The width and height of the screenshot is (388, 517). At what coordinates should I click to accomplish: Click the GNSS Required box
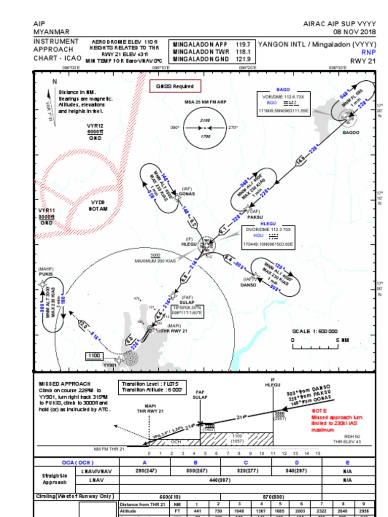175,86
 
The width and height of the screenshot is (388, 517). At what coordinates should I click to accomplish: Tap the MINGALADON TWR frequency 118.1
243,51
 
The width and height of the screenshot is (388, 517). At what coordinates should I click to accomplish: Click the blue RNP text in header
368,52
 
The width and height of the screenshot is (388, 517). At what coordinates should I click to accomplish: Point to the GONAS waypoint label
186,193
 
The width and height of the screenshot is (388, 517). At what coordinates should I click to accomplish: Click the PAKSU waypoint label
255,217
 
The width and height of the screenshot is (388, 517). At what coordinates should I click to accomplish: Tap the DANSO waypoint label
248,285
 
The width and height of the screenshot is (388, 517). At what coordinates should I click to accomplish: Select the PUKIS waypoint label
46,274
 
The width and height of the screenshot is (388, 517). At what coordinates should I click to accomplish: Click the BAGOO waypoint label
351,132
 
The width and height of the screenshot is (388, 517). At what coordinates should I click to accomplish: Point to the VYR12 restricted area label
95,126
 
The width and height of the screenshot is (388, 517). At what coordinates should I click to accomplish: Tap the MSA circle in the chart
205,128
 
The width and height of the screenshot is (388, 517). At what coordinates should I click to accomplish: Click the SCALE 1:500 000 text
315,332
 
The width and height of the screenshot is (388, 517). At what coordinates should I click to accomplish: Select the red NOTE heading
319,411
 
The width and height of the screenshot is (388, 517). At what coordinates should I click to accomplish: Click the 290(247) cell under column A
144,471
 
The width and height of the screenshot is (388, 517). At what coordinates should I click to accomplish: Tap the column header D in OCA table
297,462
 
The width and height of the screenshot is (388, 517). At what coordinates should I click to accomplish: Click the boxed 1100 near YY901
94,356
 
